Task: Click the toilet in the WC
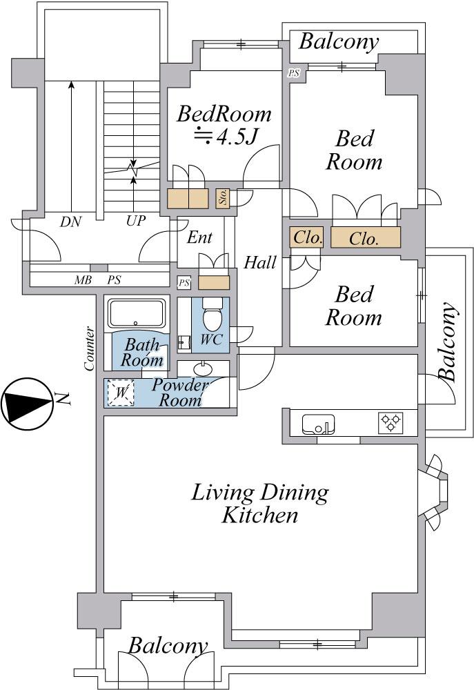213,314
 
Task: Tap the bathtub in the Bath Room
137,314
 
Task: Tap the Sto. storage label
223,199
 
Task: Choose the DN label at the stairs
71,221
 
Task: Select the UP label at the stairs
135,221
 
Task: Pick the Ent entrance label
199,237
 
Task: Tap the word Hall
260,263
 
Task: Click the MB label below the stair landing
83,280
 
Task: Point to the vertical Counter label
89,348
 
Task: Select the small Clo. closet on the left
306,237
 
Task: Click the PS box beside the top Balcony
293,72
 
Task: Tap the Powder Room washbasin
203,368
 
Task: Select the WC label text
211,339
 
